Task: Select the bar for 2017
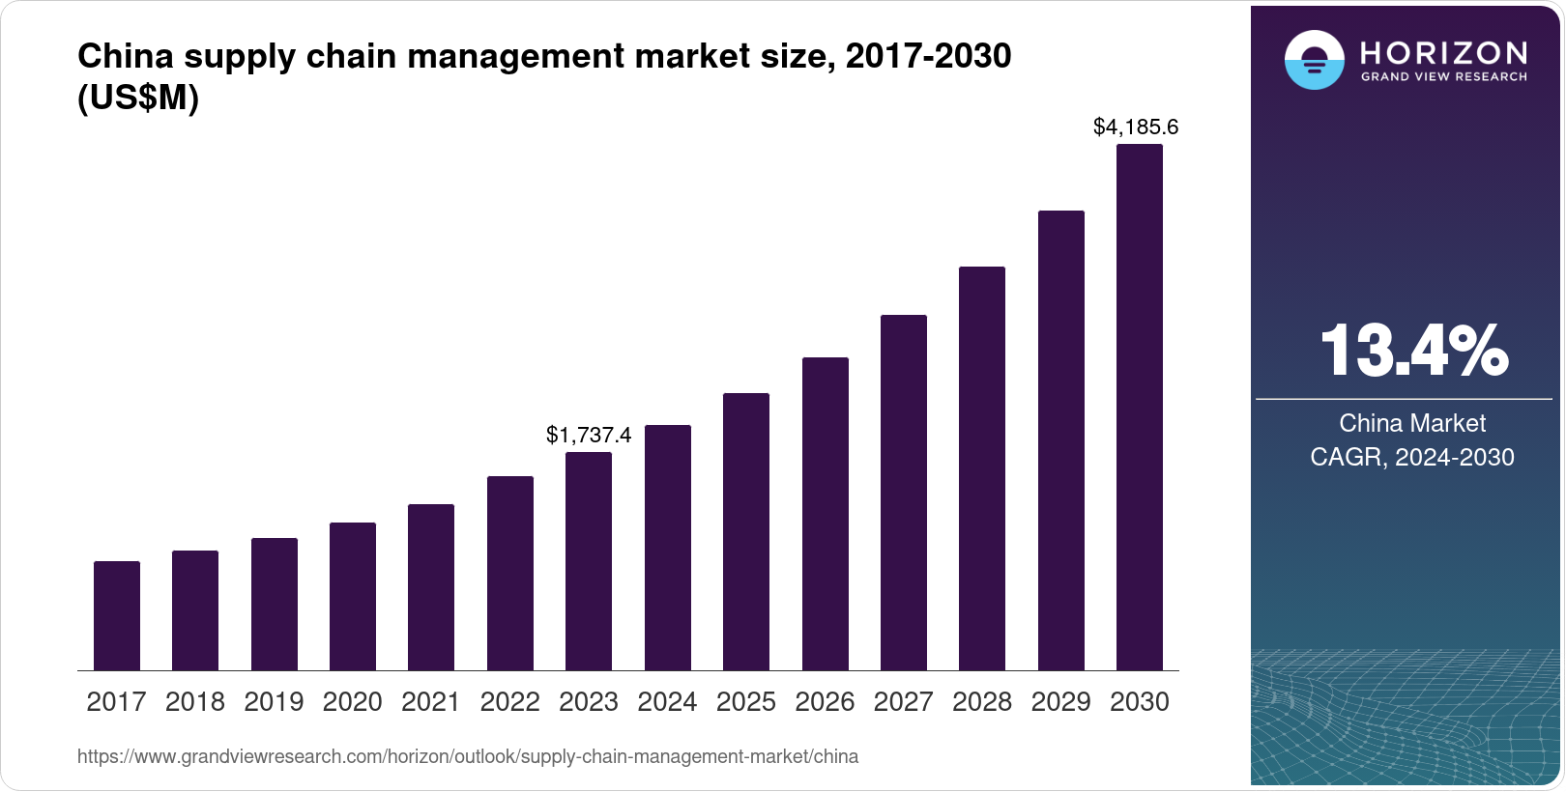117,615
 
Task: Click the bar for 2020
353,596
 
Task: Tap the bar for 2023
589,561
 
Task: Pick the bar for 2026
826,514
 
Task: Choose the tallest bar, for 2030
1140,407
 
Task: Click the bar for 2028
982,468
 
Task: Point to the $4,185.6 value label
1136,127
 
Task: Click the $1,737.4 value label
589,436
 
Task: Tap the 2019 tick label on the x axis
274,702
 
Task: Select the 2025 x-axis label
746,702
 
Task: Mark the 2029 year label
1060,702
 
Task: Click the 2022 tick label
509,702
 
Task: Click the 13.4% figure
1412,351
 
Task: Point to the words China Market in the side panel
1412,423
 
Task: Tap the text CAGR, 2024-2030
1412,457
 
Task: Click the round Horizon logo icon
1314,60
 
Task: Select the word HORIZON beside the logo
1443,52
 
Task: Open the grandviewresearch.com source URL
468,757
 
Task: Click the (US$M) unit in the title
138,99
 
